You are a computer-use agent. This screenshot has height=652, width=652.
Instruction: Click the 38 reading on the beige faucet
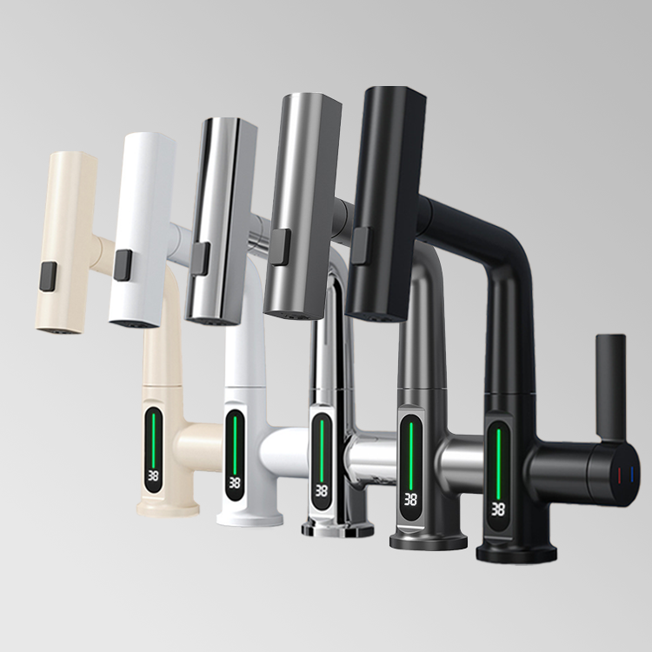tap(153, 476)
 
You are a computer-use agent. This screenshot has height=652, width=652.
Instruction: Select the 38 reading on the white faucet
tap(234, 482)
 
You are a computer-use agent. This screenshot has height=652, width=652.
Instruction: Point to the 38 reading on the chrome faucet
tap(321, 490)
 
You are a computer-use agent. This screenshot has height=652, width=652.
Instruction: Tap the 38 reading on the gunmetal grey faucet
tap(410, 499)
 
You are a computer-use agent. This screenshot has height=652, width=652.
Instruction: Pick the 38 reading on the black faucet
tap(498, 509)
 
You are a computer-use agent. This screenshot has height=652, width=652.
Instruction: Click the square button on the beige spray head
tap(48, 277)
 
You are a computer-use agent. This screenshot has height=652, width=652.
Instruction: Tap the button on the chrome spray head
tap(201, 259)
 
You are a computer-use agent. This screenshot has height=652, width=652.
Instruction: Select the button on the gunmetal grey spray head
tap(280, 246)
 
